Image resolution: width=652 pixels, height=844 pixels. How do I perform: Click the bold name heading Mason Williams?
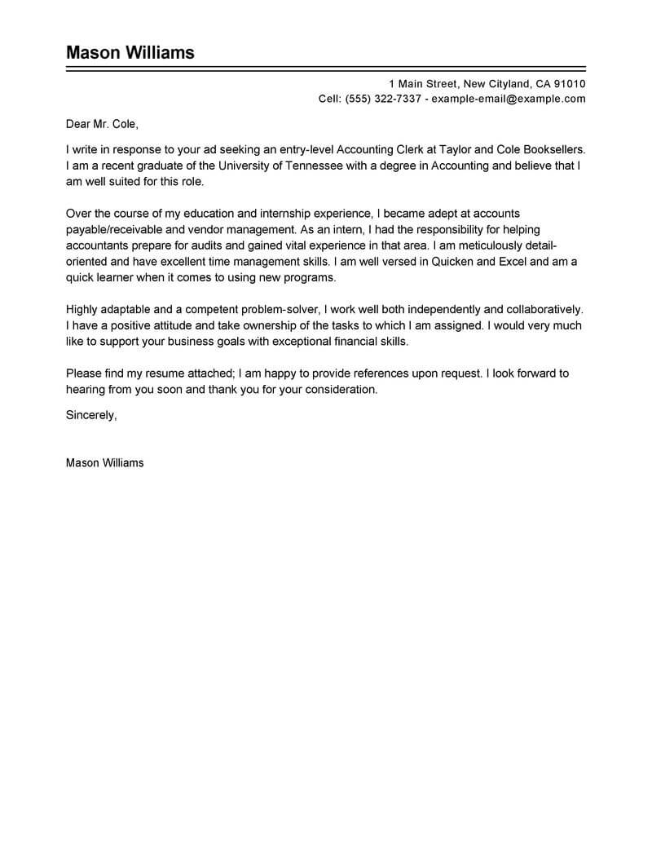point(130,53)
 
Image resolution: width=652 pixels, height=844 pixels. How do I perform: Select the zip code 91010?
point(568,84)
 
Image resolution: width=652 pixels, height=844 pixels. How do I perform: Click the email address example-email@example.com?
point(509,99)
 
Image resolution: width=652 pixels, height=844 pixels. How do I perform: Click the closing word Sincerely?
point(91,415)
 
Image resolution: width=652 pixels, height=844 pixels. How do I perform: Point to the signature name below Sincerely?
point(104,462)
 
